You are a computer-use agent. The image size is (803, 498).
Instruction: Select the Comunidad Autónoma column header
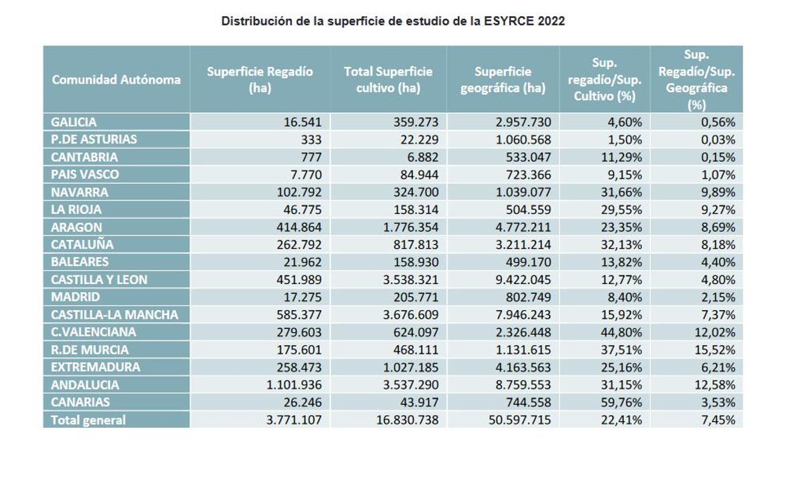pos(116,80)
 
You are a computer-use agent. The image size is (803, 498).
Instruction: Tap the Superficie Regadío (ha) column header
pos(260,80)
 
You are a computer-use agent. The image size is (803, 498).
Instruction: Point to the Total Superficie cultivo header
pos(388,80)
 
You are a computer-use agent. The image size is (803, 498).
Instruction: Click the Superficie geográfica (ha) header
pos(503,80)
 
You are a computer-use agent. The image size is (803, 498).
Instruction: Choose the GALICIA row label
pos(74,122)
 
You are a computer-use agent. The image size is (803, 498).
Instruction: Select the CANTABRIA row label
pos(84,157)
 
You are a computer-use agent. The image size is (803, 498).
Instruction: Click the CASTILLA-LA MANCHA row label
pos(114,315)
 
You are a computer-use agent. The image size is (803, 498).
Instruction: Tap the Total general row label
pos(88,420)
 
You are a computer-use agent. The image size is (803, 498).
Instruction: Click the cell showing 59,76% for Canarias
pos(620,402)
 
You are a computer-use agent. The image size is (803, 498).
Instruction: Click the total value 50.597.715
pos(517,420)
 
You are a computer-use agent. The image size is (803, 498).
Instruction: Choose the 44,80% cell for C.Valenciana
pos(620,332)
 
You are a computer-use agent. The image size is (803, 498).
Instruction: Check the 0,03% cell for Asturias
pos(717,140)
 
